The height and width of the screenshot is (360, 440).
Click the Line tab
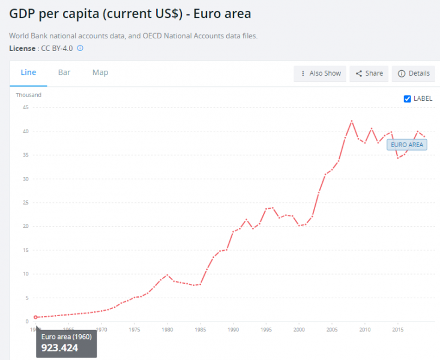pos(28,73)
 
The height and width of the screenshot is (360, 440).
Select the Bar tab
pos(64,73)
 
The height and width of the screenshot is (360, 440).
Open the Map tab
pos(100,73)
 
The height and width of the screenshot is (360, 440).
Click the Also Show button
pos(321,73)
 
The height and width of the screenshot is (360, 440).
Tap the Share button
pos(369,73)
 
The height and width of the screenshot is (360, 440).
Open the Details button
pos(414,73)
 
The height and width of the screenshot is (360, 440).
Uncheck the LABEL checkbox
pos(408,98)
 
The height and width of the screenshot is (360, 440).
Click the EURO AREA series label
pos(407,145)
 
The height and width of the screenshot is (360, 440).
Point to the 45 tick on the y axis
pos(25,107)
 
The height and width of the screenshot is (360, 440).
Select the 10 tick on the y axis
pos(25,274)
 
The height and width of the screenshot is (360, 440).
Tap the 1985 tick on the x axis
pos(200,329)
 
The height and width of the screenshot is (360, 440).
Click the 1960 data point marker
pos(36,317)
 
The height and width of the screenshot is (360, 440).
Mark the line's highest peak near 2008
pos(352,121)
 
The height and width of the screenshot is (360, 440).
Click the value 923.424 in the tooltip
pos(59,347)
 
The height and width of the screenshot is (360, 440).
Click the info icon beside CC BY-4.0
pos(80,48)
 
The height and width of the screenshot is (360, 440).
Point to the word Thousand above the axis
pos(28,95)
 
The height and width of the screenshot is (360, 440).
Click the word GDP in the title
pos(25,13)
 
